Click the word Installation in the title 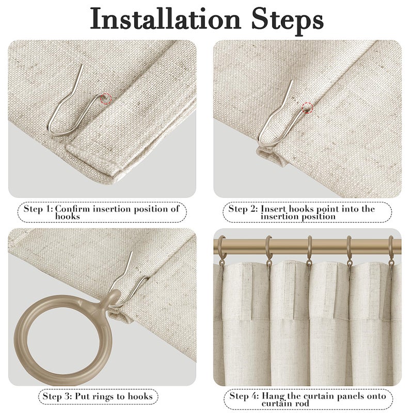coord(165,19)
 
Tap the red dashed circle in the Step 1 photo coord(106,99)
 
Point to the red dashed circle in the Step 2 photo coord(307,108)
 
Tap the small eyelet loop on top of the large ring coord(114,297)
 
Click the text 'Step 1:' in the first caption coord(38,209)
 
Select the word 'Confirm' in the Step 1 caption coord(72,209)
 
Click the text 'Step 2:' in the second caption coord(243,209)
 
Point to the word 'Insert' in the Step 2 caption coord(274,209)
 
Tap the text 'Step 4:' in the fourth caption coord(244,396)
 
